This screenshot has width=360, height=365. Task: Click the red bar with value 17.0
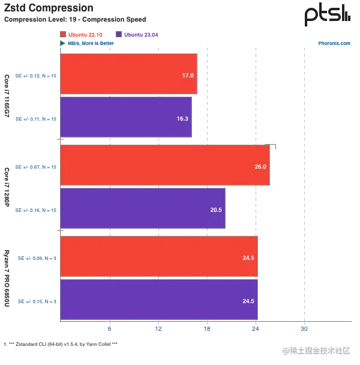[x=128, y=74]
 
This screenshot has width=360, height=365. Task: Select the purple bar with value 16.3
[x=125, y=118]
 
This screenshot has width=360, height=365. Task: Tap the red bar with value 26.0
[x=165, y=166]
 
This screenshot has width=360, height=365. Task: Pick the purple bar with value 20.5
[x=142, y=208]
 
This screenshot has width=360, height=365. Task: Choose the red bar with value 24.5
[x=158, y=256]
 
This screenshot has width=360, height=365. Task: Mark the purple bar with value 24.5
[x=158, y=300]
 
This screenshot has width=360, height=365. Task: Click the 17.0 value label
[x=187, y=76]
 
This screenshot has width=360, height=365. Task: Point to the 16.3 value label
[x=182, y=119]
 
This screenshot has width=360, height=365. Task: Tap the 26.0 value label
[x=260, y=166]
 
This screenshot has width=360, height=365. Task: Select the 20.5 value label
[x=216, y=210]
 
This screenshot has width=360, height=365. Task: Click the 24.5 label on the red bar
[x=248, y=258]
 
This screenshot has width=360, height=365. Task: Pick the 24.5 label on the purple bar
[x=248, y=301]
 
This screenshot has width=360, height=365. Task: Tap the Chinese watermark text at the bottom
[x=316, y=350]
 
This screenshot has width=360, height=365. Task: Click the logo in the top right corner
[x=326, y=14]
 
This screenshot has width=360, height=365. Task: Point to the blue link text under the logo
[x=333, y=43]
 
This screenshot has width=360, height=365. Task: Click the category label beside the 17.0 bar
[x=37, y=75]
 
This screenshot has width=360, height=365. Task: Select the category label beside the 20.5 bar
[x=37, y=210]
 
